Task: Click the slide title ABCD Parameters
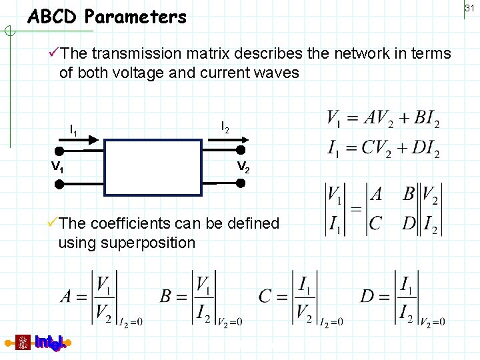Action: [x=107, y=17]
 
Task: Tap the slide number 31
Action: [x=469, y=7]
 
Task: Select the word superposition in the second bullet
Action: [x=148, y=243]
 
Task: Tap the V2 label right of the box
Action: [x=243, y=167]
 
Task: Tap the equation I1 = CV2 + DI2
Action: [x=383, y=147]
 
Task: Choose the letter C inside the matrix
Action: [x=376, y=223]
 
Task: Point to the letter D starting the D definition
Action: [x=367, y=296]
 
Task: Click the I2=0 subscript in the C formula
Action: [x=331, y=322]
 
